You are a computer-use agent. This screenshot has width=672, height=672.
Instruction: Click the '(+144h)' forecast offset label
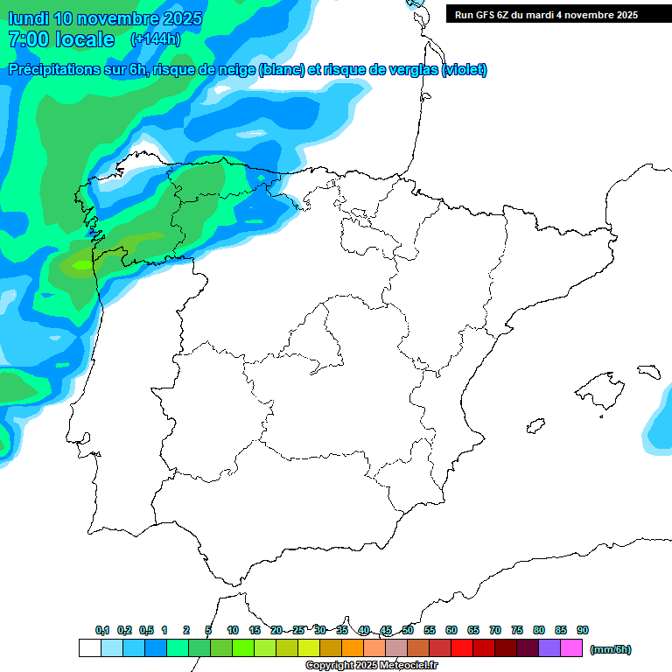click(x=155, y=39)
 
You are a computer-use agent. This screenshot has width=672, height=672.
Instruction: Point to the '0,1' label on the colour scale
click(x=102, y=630)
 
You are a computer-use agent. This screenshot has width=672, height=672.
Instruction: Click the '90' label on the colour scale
click(x=583, y=630)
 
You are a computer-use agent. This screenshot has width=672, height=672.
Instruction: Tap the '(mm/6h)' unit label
click(x=611, y=649)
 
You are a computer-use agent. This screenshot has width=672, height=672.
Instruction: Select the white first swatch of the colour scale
click(x=89, y=648)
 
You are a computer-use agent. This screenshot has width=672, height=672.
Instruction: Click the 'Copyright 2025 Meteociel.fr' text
click(x=371, y=666)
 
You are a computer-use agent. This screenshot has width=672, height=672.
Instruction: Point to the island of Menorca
click(x=647, y=371)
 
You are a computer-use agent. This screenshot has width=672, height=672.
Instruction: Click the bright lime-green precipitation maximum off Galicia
click(x=81, y=264)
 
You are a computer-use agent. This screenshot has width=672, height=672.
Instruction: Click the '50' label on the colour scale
click(x=408, y=630)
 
